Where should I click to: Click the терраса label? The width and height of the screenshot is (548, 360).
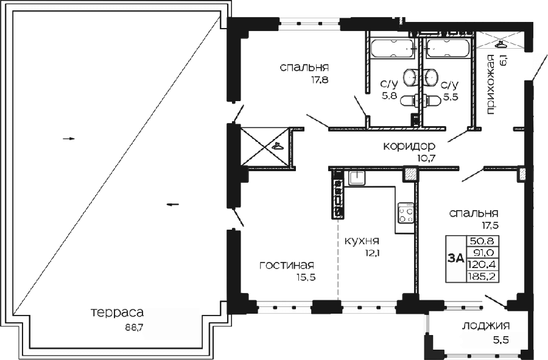(x=117, y=312)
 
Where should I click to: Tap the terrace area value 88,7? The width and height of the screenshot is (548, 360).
(x=135, y=328)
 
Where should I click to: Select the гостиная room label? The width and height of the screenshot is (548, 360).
(x=287, y=266)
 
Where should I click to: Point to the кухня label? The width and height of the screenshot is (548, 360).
(x=362, y=241)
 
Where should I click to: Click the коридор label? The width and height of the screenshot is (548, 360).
(x=409, y=146)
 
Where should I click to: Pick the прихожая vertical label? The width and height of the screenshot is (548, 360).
(x=490, y=85)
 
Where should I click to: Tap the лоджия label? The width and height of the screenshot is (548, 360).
(x=486, y=326)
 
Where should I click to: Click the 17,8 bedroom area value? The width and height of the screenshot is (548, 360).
(x=320, y=80)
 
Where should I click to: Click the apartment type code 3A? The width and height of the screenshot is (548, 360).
(x=455, y=259)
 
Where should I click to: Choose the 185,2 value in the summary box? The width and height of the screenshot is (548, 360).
(x=482, y=277)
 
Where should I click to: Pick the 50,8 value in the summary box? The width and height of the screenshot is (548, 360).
(x=483, y=241)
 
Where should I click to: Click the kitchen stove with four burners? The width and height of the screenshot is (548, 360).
(x=406, y=213)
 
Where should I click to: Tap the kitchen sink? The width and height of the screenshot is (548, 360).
(x=357, y=178)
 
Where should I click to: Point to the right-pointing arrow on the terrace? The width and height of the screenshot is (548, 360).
(x=69, y=139)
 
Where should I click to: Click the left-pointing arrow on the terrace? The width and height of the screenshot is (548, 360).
(x=173, y=205)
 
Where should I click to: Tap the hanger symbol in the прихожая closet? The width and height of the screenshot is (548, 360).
(x=502, y=44)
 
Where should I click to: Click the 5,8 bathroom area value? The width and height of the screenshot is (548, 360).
(x=389, y=96)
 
